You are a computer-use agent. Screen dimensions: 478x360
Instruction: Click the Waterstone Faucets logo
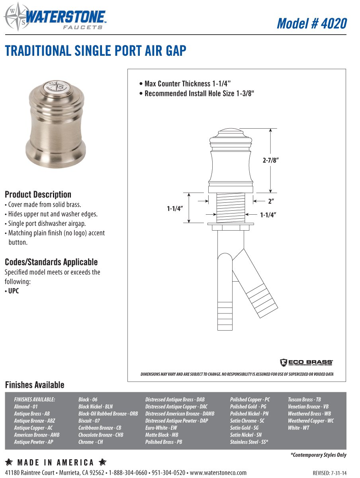click(x=55, y=17)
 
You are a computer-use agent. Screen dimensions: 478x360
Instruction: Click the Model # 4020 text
click(x=311, y=23)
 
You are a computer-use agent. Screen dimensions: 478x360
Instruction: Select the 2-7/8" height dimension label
click(x=270, y=160)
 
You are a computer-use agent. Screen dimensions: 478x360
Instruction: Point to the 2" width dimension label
click(x=270, y=202)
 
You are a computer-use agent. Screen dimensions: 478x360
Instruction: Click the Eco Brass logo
click(x=306, y=362)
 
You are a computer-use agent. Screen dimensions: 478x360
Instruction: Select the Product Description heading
click(x=38, y=194)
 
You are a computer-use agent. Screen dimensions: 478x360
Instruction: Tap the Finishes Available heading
click(x=34, y=385)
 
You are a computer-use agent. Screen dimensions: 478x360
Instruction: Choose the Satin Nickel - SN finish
click(x=246, y=435)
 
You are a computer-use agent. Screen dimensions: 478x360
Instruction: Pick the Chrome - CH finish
click(x=90, y=442)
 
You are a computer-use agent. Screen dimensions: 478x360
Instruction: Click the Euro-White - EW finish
click(x=161, y=428)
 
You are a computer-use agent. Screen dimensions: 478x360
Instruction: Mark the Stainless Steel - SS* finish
click(x=249, y=442)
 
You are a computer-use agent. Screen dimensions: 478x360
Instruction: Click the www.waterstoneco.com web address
click(x=218, y=473)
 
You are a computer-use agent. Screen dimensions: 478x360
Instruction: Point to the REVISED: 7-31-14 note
click(x=329, y=473)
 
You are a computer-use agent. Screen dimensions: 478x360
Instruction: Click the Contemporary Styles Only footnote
click(x=318, y=455)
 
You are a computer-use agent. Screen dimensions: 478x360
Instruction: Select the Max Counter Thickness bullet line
click(x=185, y=84)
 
